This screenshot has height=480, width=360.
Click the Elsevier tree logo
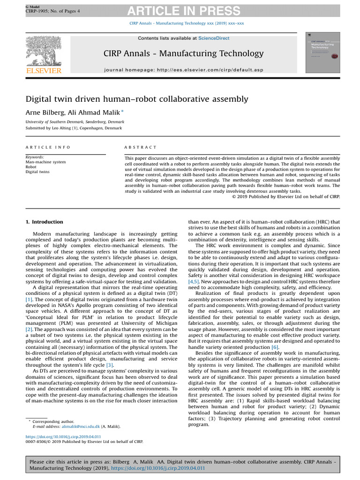(43, 51)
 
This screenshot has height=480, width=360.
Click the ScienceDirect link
(214, 38)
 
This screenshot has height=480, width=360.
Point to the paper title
(137, 99)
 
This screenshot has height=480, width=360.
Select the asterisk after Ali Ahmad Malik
(122, 111)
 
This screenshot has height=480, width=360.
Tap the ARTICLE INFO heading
(48, 147)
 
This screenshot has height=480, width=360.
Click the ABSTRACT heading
(141, 147)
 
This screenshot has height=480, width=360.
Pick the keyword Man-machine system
(46, 162)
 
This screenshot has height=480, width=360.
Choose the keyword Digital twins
(37, 172)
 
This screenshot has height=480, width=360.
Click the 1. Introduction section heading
(44, 222)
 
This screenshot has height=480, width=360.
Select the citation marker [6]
(275, 347)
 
